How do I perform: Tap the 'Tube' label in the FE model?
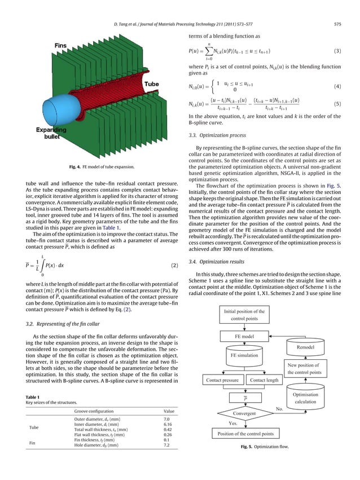[151, 83]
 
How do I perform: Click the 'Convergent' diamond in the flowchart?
[244, 413]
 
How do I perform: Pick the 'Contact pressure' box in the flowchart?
[222, 381]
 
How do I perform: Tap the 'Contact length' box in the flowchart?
[264, 381]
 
